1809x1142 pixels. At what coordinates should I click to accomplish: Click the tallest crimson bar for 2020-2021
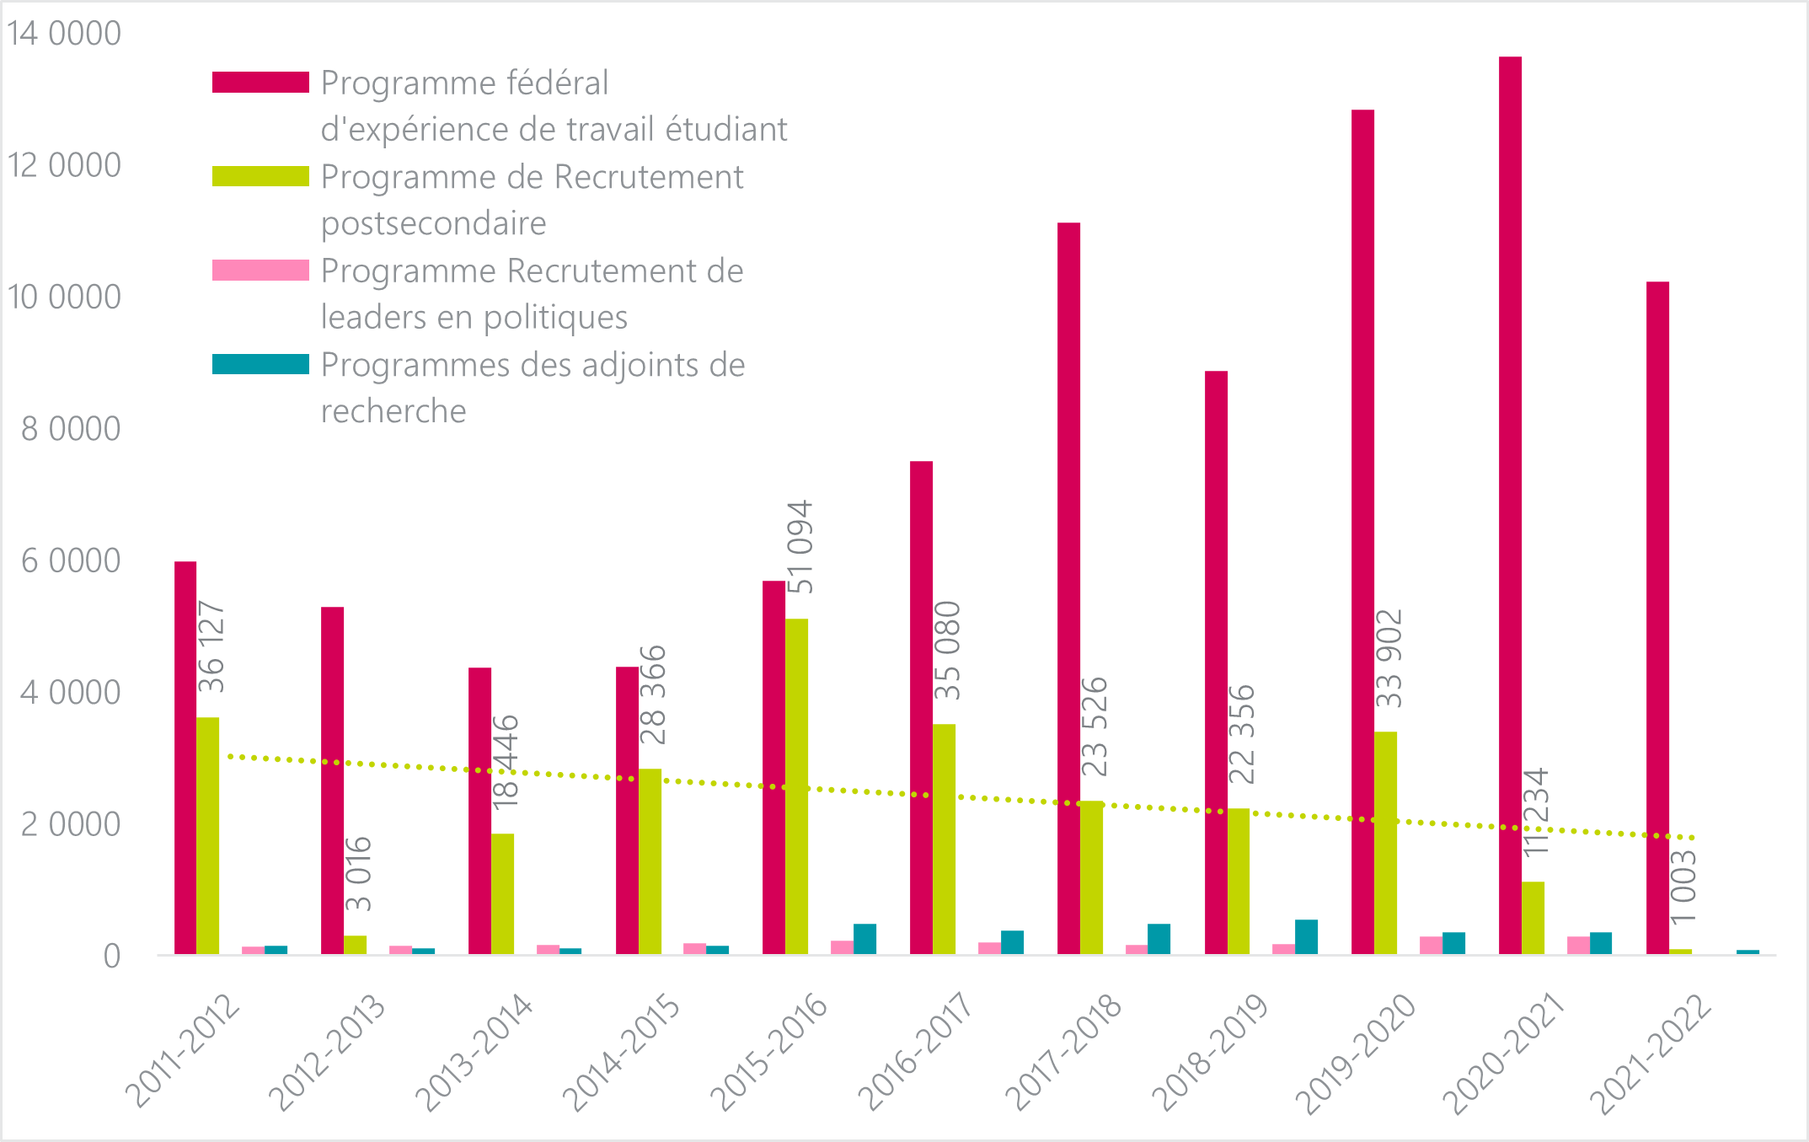tap(1510, 506)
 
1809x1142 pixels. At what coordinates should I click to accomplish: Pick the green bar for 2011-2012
tap(207, 835)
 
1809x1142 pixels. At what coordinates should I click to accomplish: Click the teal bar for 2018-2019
tap(1306, 936)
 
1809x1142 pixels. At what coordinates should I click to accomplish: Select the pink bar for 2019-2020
tap(1431, 945)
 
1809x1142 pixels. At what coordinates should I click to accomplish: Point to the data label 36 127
tap(211, 646)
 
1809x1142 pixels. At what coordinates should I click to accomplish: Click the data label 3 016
tap(359, 874)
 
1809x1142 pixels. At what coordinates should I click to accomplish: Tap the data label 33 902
tap(1389, 658)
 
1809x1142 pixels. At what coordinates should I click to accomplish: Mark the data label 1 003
tap(1683, 887)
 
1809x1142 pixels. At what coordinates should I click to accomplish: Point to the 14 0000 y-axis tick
tap(64, 34)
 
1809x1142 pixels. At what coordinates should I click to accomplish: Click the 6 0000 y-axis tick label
tap(71, 560)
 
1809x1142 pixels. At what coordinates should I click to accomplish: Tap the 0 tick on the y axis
tap(111, 957)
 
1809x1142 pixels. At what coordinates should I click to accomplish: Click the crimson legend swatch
tap(260, 82)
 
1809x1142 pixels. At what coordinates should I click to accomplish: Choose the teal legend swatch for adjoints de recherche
tap(260, 364)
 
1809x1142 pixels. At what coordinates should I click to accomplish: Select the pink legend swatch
tap(260, 270)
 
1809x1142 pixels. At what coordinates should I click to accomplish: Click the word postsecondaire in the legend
tap(433, 223)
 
